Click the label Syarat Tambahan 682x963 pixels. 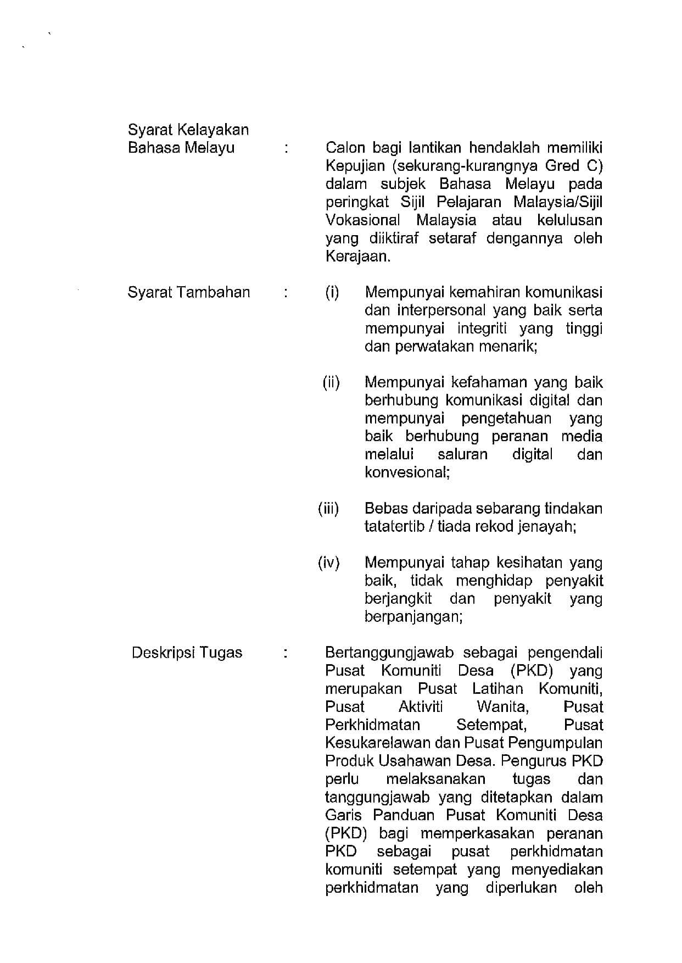(x=188, y=292)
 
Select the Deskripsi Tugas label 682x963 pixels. (x=187, y=653)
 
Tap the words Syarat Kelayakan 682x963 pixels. (x=188, y=130)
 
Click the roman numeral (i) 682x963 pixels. (x=332, y=292)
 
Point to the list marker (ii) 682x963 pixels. (x=331, y=382)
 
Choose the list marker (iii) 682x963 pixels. (x=328, y=509)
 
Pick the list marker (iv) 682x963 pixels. (x=328, y=563)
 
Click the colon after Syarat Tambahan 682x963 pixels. (x=286, y=292)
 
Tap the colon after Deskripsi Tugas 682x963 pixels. (x=286, y=653)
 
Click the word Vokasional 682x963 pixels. (x=362, y=220)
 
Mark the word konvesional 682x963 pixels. (x=407, y=472)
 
